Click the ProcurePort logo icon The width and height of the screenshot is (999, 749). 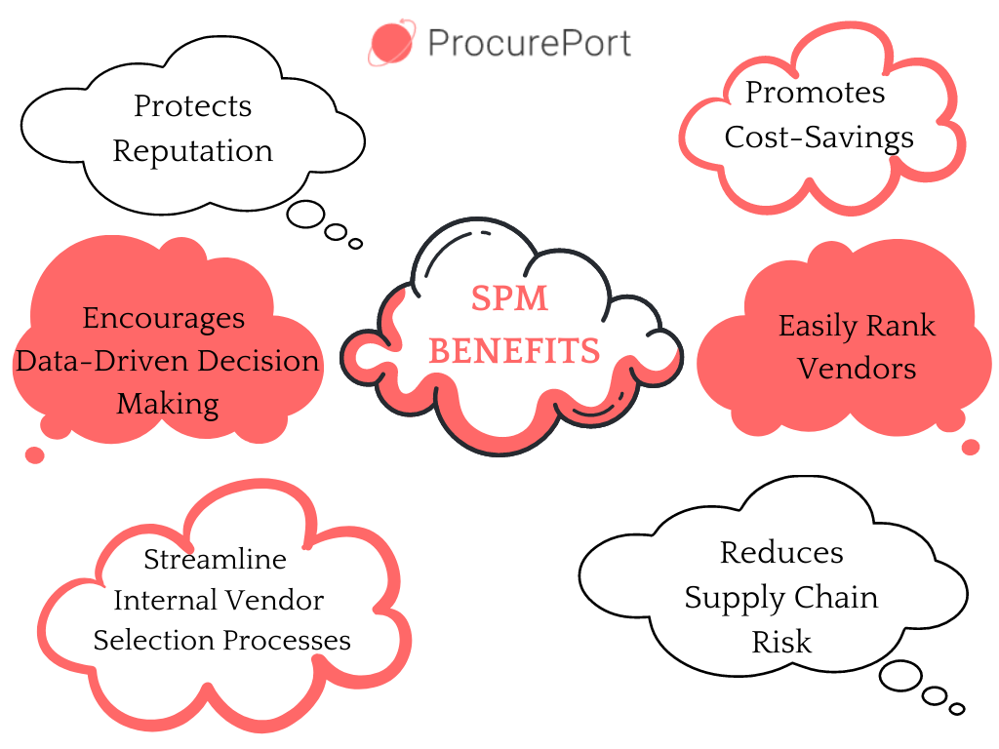tap(391, 44)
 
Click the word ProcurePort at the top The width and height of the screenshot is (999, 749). tap(529, 44)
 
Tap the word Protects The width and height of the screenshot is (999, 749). tap(192, 105)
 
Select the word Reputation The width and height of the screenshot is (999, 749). tap(192, 151)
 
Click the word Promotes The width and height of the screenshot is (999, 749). tap(816, 93)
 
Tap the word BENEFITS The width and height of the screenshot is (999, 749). tap(514, 350)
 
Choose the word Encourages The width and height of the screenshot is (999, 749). tap(164, 319)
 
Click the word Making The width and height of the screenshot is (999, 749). tap(168, 403)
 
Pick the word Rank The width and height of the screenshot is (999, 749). tap(903, 326)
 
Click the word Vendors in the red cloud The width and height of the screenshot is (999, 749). tap(857, 369)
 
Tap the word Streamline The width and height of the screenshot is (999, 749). tap(216, 560)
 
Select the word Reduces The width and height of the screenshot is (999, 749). tap(781, 553)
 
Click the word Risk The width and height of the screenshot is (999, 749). tap(781, 642)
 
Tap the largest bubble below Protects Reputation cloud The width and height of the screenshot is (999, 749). tap(305, 215)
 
